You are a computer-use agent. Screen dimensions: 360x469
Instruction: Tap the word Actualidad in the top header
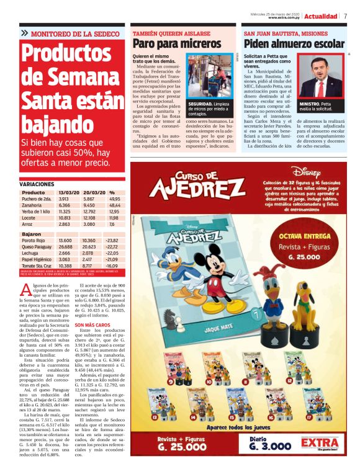pos(321,16)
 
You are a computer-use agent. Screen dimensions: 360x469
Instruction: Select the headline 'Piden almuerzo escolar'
pos(294,44)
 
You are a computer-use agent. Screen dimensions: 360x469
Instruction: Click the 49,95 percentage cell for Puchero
pos(114,199)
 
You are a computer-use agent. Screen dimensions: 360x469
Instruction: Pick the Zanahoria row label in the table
pos(32,205)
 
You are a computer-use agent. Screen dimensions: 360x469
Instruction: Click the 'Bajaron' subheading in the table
pos(32,233)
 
